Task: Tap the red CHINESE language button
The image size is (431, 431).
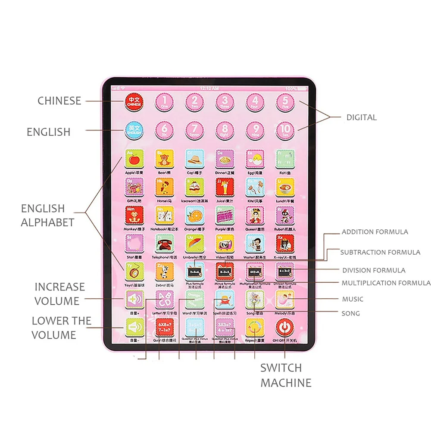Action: [134, 102]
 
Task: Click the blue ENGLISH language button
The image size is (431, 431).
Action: [134, 129]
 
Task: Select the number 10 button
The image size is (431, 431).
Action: [285, 129]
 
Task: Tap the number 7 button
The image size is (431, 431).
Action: [194, 129]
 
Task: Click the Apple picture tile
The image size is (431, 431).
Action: [134, 159]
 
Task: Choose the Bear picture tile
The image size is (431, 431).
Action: [164, 159]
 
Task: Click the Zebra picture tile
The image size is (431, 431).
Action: [164, 271]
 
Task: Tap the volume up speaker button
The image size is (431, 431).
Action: [134, 298]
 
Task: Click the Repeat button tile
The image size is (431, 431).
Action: [255, 328]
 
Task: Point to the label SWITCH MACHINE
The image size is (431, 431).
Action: [286, 375]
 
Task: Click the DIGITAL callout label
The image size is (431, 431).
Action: [361, 117]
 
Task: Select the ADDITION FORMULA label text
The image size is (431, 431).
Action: [375, 232]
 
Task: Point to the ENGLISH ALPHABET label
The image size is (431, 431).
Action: [47, 215]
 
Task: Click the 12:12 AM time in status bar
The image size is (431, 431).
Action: [210, 88]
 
